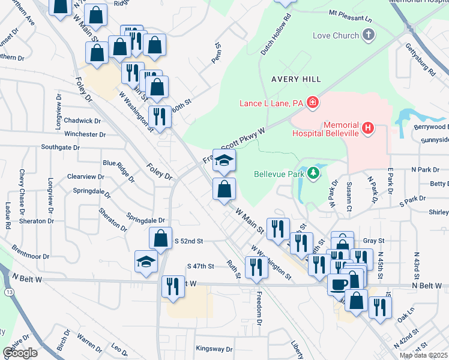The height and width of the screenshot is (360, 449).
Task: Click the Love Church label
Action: [x=336, y=35]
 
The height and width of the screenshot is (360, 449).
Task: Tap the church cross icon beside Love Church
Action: [x=369, y=35]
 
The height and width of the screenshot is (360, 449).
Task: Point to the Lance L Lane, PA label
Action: [x=271, y=103]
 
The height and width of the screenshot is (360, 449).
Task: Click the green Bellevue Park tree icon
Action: [x=312, y=175]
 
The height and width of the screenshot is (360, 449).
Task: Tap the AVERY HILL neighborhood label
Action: [x=296, y=79]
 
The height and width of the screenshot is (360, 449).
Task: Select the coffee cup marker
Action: [x=338, y=284]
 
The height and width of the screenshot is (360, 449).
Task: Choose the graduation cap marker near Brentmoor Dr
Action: [x=146, y=262]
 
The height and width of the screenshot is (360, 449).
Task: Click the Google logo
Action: [x=20, y=353]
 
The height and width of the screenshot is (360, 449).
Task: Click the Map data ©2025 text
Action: [x=422, y=355]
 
